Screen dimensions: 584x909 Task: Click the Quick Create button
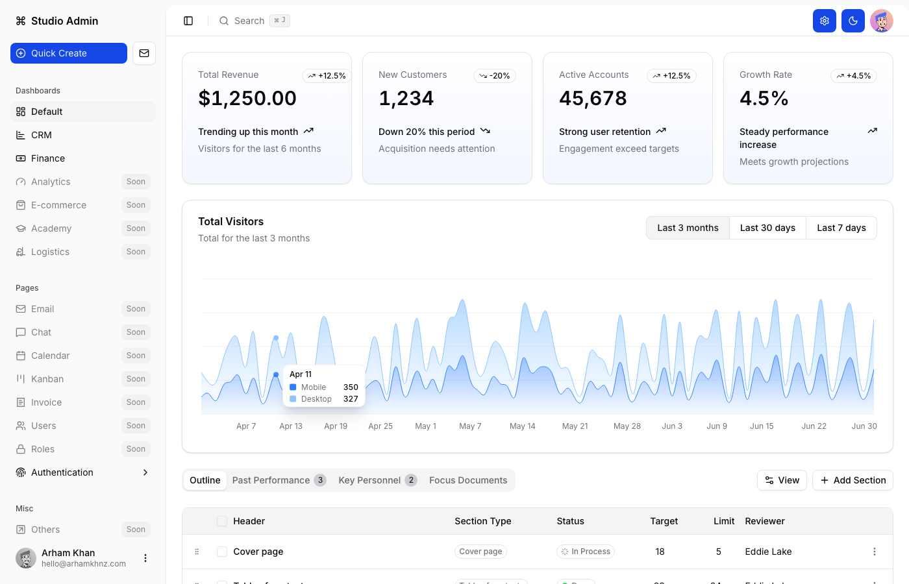68,53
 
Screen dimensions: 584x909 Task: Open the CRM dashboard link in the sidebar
42,135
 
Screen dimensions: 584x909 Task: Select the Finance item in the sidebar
48,158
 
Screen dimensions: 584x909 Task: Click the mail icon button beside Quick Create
144,53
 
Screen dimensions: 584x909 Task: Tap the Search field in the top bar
249,21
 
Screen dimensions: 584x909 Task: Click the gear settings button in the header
825,21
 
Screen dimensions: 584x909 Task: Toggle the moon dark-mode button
853,21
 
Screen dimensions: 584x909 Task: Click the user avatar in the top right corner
882,21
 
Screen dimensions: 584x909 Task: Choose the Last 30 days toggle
767,228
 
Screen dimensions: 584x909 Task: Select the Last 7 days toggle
841,228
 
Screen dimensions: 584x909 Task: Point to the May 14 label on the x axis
523,426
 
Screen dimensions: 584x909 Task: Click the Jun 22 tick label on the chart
814,426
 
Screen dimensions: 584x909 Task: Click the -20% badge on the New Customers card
495,76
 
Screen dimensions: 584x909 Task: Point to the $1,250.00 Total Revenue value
247,98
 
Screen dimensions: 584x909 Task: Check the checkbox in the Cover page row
222,552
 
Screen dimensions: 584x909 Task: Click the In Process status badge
586,552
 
